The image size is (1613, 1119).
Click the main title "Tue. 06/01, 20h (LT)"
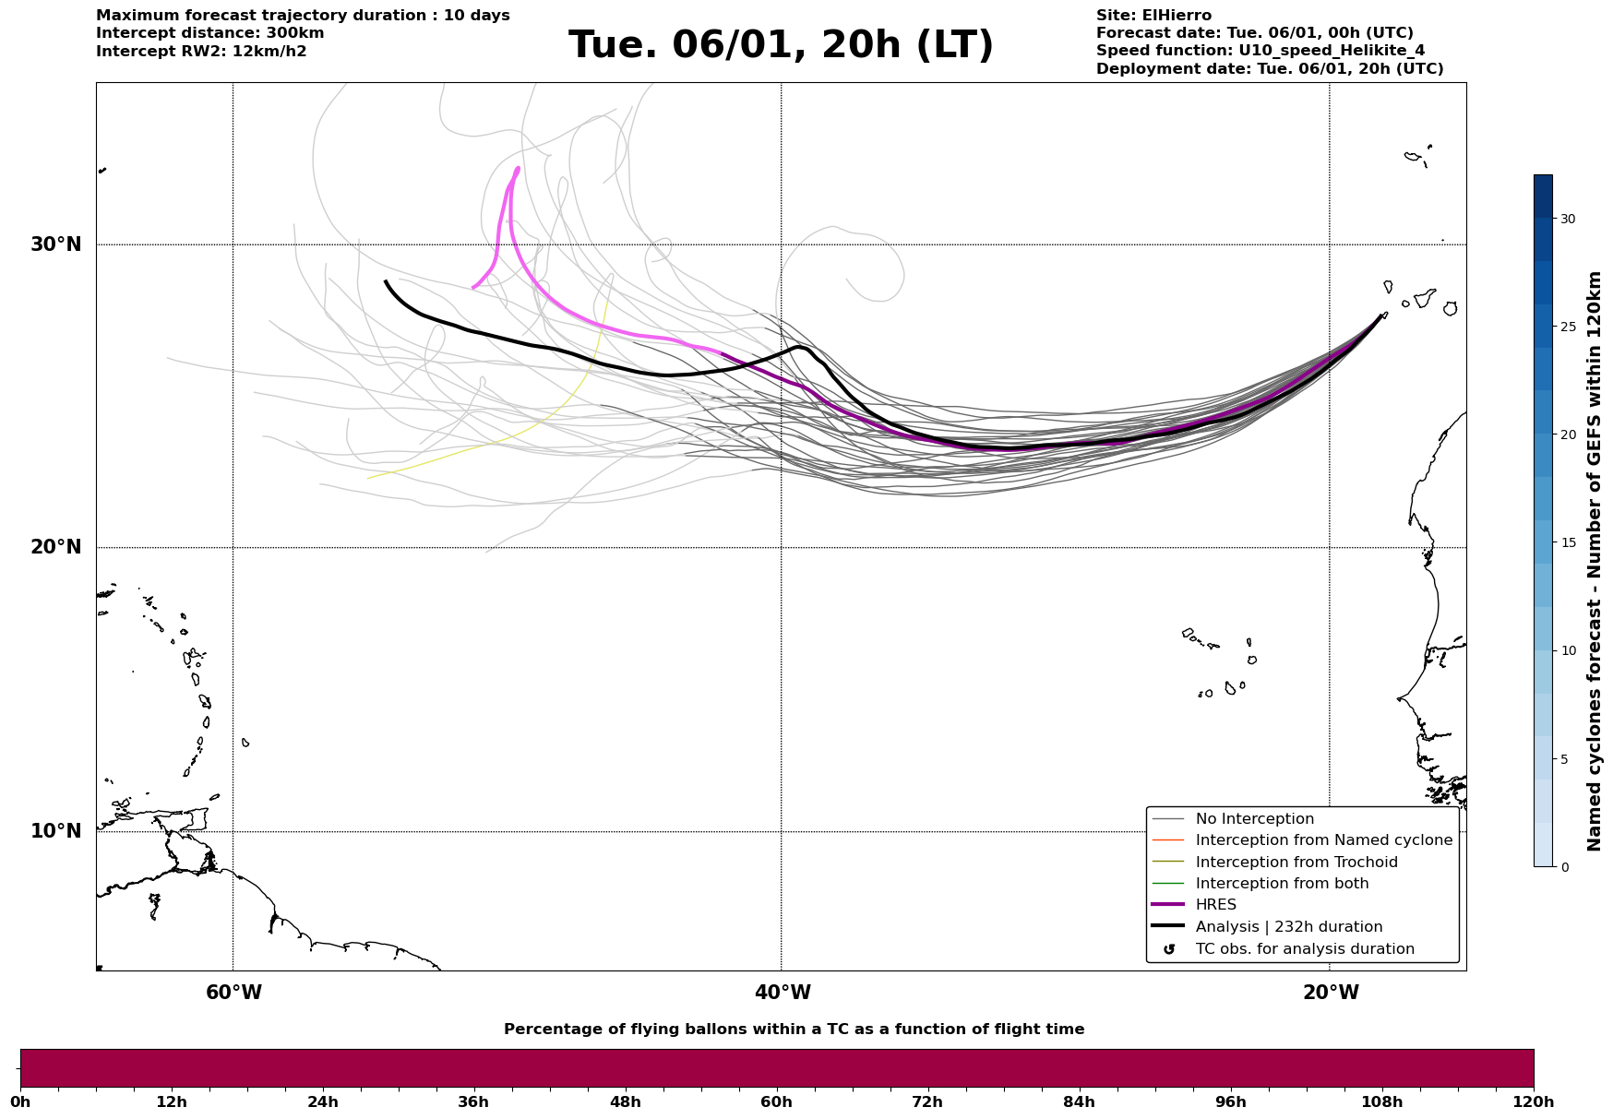[x=781, y=45]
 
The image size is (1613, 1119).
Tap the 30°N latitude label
[x=55, y=244]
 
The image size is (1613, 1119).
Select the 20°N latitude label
[x=55, y=547]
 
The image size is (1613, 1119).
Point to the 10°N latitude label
[x=55, y=831]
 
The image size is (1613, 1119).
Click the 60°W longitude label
[x=233, y=993]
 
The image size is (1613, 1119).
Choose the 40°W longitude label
[x=783, y=993]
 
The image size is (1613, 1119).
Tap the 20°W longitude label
[x=1331, y=993]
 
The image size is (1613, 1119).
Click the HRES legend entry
[x=1215, y=905]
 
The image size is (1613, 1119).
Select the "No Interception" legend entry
[x=1254, y=819]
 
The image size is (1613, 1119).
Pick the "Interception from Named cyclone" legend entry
[x=1323, y=840]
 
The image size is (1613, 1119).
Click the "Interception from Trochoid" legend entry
[x=1296, y=863]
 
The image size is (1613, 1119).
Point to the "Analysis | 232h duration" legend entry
[x=1288, y=927]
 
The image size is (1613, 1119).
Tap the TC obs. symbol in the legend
[x=1169, y=949]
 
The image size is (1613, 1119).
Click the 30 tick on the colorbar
[x=1567, y=219]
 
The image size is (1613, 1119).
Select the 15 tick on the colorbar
[x=1567, y=542]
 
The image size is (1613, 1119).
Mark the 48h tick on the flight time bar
[x=625, y=1101]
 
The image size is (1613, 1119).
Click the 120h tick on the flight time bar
[x=1534, y=1101]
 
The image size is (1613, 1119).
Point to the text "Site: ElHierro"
[x=1153, y=16]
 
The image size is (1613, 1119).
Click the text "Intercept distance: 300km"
[x=209, y=33]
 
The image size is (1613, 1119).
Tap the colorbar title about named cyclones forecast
[x=1595, y=561]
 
